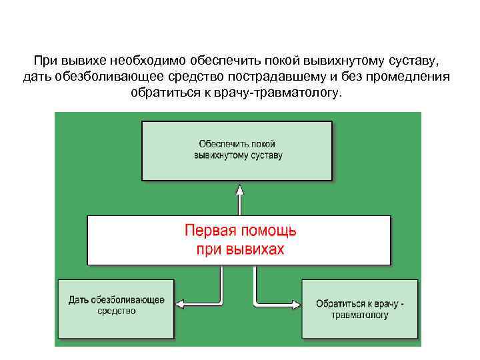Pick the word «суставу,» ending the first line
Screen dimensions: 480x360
[414, 61]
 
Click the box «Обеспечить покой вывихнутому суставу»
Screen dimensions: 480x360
[237, 151]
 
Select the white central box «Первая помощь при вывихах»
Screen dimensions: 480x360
[239, 240]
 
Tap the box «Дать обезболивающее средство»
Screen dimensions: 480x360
[116, 308]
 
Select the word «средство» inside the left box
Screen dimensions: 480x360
[117, 311]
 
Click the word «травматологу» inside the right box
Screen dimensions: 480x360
[360, 315]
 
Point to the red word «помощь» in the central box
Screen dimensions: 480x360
[271, 231]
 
